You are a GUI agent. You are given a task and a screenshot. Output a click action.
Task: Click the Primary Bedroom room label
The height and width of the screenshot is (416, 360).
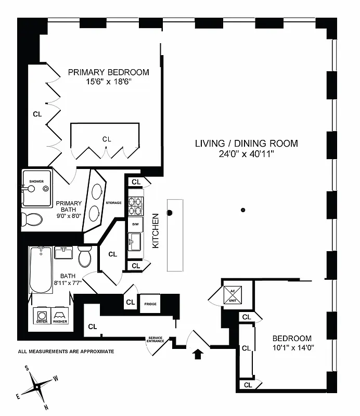108,72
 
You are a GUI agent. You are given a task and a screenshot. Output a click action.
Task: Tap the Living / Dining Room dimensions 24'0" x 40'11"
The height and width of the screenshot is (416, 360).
246,154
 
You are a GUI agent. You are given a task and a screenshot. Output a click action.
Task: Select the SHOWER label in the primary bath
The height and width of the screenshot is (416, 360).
36,181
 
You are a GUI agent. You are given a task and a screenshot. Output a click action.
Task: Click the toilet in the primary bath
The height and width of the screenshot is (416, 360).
32,219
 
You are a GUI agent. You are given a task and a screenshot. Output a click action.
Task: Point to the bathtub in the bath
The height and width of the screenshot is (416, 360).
40,269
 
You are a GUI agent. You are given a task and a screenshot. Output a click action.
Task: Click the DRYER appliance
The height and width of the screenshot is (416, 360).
41,316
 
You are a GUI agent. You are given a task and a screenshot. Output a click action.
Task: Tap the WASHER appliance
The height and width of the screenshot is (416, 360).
60,316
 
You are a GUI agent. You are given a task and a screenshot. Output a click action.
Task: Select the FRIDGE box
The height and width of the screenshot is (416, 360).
151,304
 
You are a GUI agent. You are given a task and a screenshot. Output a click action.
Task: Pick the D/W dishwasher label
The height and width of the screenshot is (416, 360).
135,224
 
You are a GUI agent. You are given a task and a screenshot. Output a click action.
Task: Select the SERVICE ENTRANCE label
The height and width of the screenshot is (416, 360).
155,339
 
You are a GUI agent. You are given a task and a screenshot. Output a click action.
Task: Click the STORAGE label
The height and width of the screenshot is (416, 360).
113,203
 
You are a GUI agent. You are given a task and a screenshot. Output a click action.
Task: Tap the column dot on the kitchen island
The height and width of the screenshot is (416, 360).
170,212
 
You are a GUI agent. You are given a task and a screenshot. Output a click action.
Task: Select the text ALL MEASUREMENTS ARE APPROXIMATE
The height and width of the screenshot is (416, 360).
66,352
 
